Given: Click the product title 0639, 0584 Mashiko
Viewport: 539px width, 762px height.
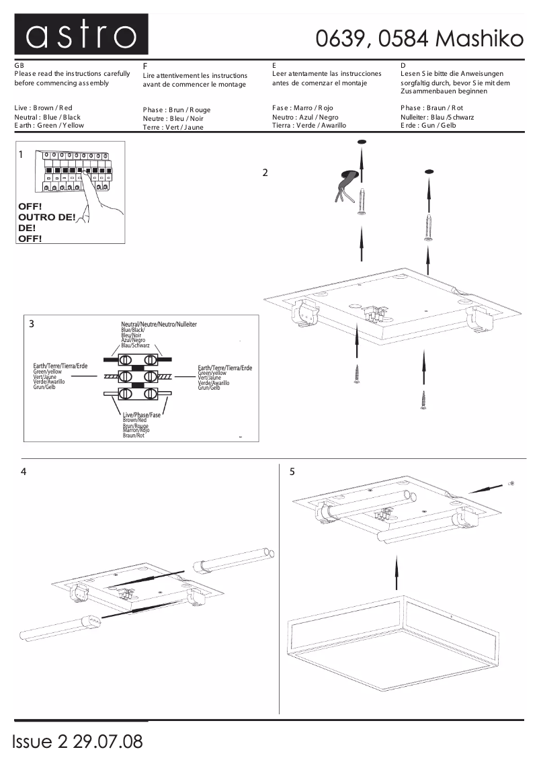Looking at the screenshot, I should [x=419, y=40].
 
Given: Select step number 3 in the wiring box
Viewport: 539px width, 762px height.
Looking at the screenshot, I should [x=32, y=323].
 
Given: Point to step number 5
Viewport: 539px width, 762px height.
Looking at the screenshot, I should [x=292, y=472].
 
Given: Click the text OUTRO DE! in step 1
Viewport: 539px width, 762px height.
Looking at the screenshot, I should [x=46, y=217].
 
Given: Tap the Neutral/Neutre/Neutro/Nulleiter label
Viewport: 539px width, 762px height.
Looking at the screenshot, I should [x=159, y=325].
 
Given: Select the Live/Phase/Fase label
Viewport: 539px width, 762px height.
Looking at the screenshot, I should [x=141, y=415].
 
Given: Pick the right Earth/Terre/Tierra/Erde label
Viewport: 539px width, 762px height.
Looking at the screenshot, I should [x=225, y=368].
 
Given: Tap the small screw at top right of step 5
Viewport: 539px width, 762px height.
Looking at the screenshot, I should [x=511, y=482].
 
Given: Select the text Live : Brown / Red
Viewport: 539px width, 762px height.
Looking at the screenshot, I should [x=43, y=108].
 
